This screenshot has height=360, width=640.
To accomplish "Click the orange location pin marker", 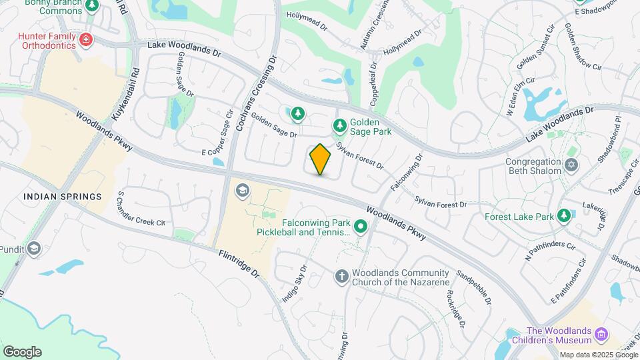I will click(321, 159).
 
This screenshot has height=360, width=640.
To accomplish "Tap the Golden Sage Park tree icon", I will click(340, 125).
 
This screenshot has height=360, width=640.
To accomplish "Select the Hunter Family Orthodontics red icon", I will click(85, 41).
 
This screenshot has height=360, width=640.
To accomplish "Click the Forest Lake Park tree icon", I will click(563, 216).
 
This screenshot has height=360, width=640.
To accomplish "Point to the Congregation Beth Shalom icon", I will click(571, 164).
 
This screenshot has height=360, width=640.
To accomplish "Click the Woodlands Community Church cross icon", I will click(341, 276).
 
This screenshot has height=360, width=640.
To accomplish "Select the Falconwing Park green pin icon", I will click(361, 227).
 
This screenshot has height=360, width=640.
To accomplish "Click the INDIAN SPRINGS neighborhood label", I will click(62, 197).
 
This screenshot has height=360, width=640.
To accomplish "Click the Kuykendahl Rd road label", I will click(125, 93).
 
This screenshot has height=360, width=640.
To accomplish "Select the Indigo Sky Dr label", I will click(294, 285).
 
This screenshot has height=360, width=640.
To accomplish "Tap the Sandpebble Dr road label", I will click(474, 288).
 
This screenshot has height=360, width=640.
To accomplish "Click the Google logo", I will click(22, 351).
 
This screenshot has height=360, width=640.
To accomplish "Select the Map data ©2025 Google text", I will click(599, 355).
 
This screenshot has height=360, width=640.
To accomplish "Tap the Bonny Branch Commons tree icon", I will click(92, 6).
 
